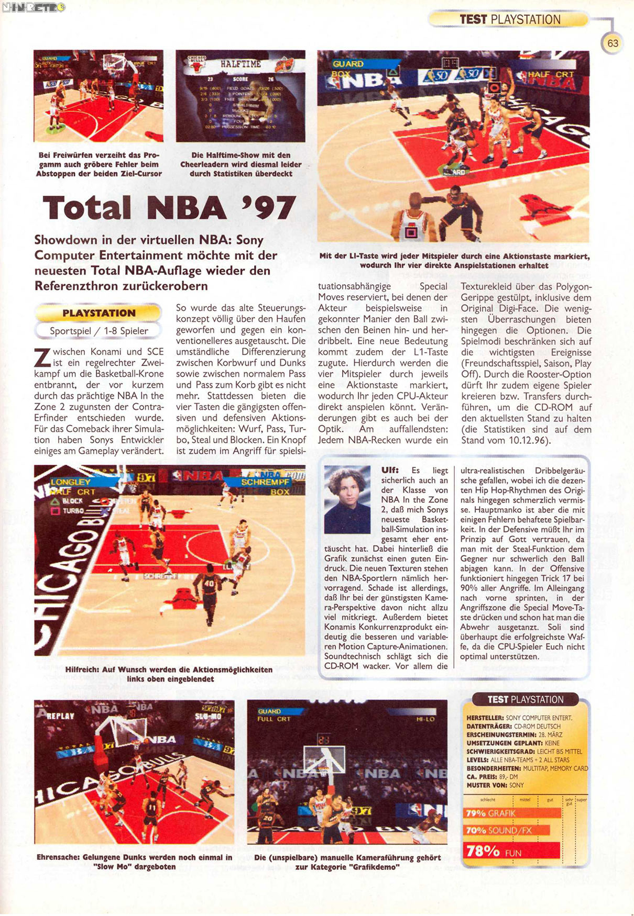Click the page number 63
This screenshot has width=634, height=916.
coord(613,43)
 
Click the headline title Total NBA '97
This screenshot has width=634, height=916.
coord(169,208)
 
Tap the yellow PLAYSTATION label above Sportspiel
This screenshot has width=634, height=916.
coord(99,313)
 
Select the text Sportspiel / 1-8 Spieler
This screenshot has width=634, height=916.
coord(99,331)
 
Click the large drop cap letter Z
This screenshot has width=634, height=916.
coord(42,358)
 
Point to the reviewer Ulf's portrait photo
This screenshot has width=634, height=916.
coord(347,499)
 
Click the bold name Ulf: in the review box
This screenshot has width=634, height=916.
coord(390,470)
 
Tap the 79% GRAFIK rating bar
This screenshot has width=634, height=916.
coord(512,813)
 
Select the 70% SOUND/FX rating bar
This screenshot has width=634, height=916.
coord(507,830)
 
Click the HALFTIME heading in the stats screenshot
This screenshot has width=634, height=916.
coord(241,64)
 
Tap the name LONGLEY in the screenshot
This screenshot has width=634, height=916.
coord(71,482)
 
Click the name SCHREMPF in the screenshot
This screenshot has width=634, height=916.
coord(265,482)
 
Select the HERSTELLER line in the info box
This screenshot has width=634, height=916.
coord(519,718)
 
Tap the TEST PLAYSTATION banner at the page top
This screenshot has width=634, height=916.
coord(509,19)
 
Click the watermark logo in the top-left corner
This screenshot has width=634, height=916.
coord(34,7)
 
